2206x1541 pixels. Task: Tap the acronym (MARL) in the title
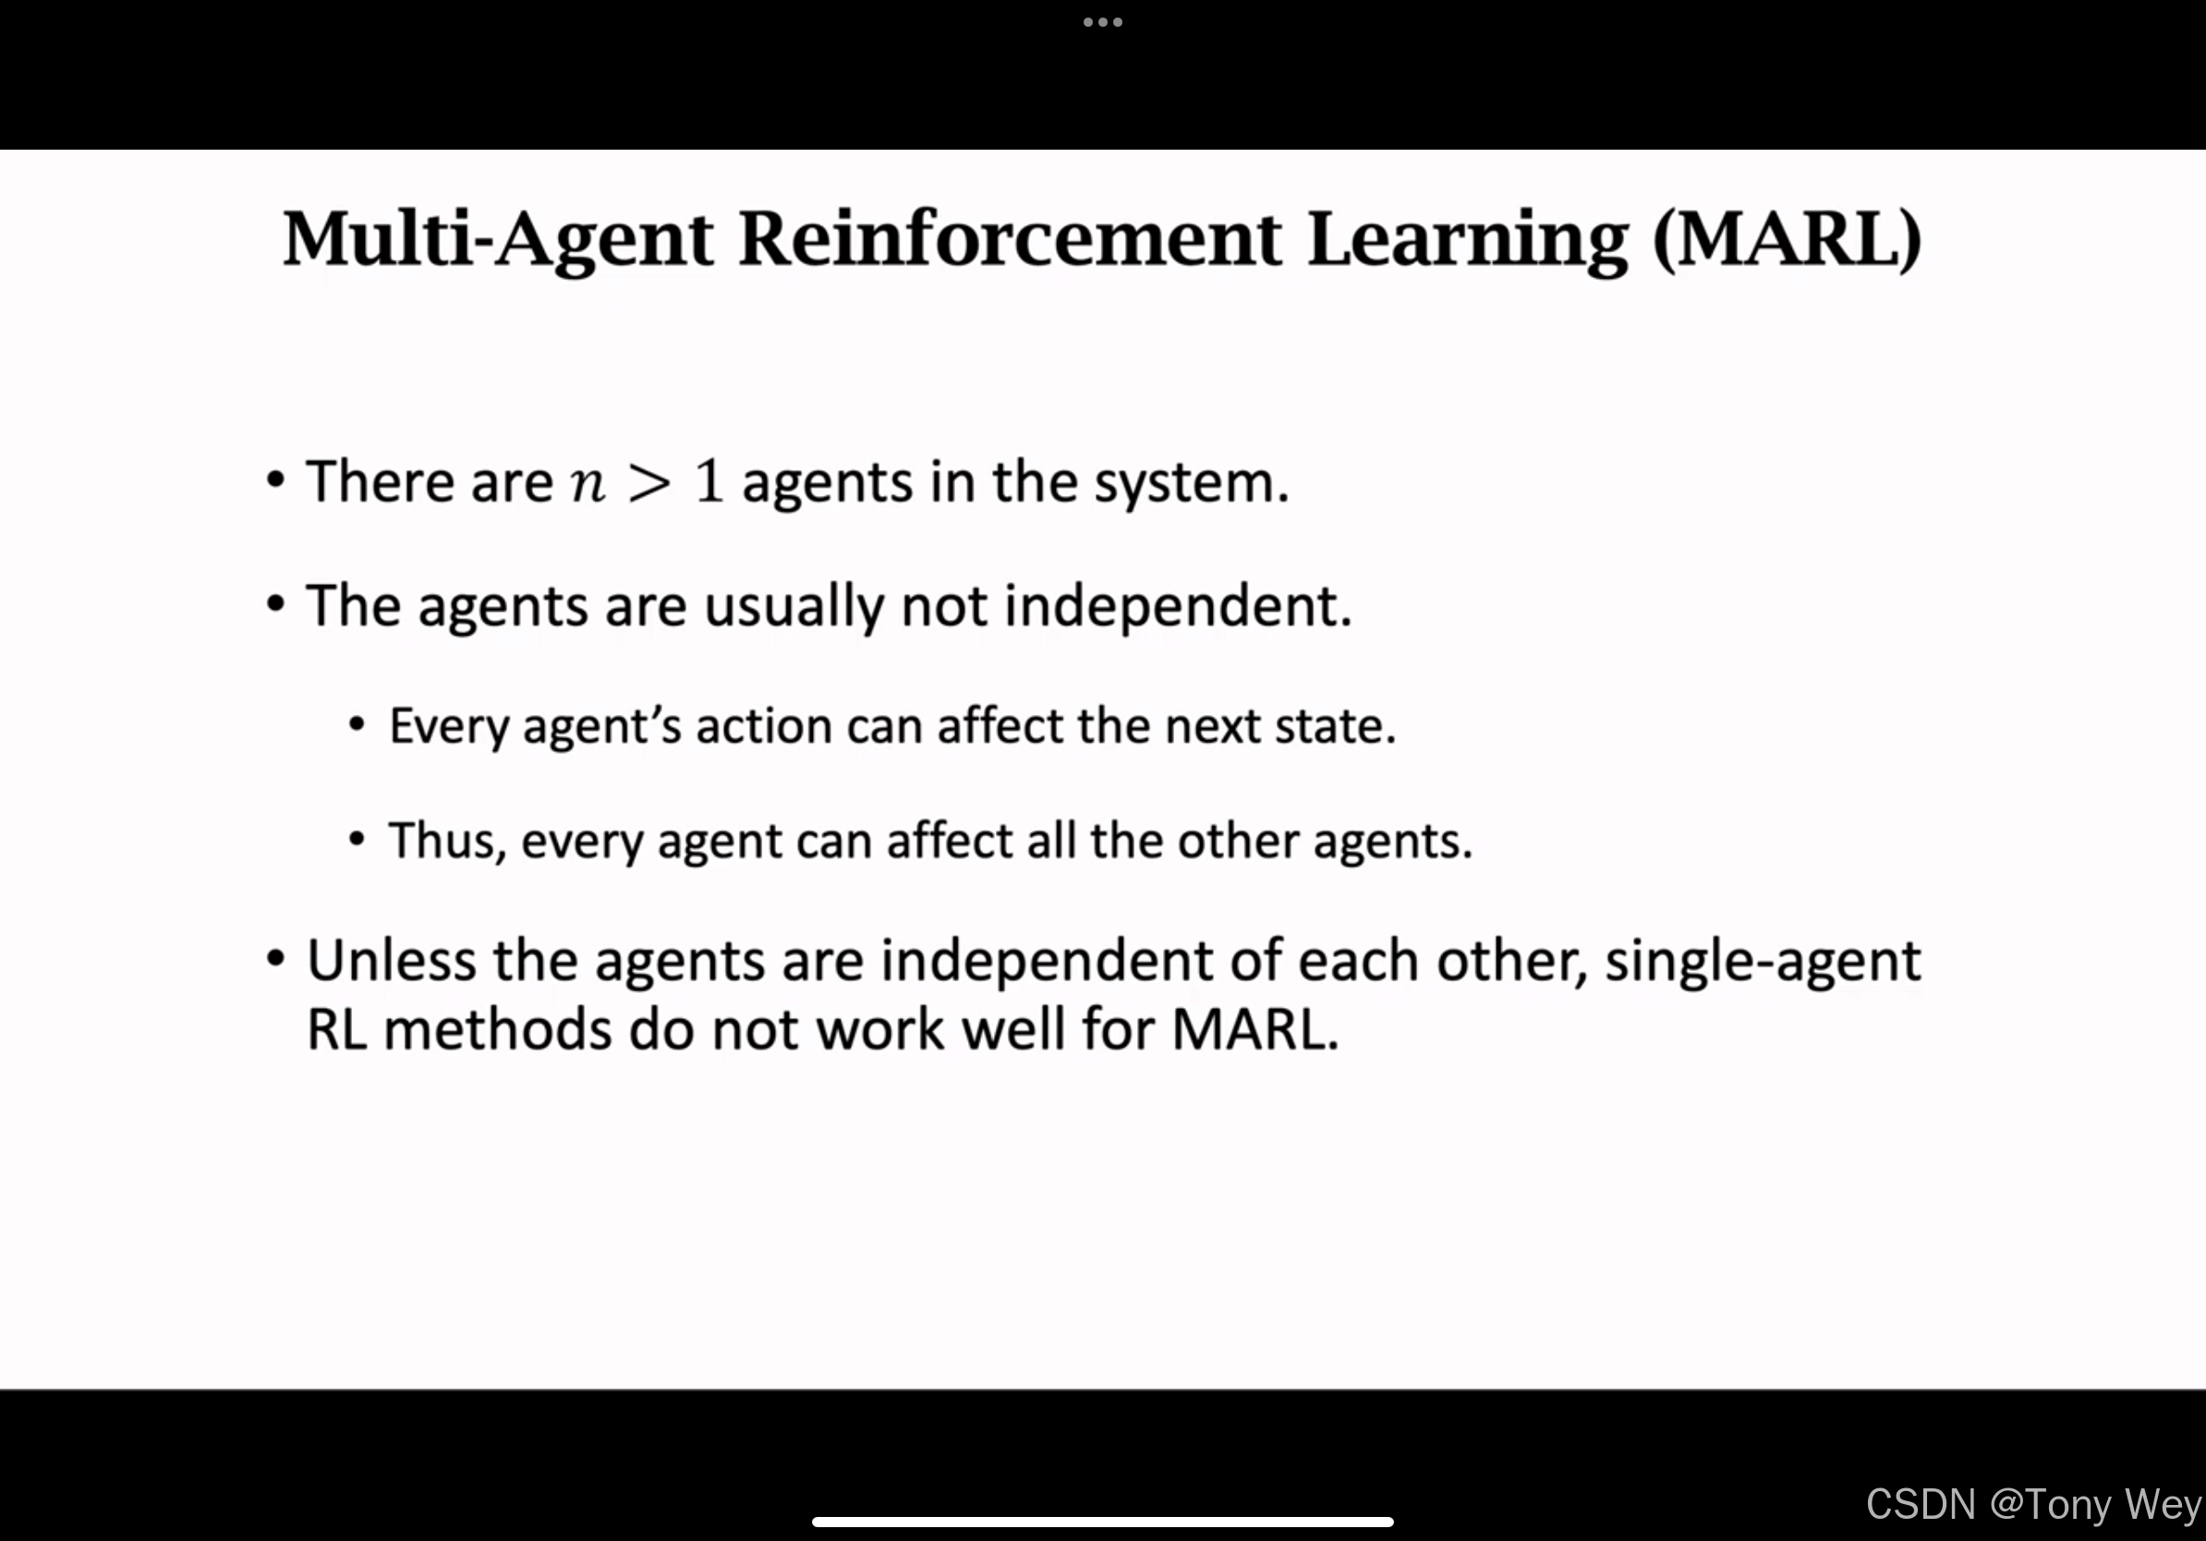pyautogui.click(x=1788, y=240)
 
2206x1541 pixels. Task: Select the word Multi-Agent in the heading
pyautogui.click(x=498, y=240)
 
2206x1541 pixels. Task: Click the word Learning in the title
pyautogui.click(x=1468, y=240)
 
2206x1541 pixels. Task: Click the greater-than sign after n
pyautogui.click(x=648, y=482)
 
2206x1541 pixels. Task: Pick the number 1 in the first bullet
pyautogui.click(x=709, y=480)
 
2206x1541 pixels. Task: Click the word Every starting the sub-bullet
pyautogui.click(x=449, y=727)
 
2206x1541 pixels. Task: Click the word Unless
pyautogui.click(x=391, y=961)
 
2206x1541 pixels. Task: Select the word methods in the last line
pyautogui.click(x=498, y=1030)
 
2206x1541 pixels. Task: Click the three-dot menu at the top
pyautogui.click(x=1102, y=22)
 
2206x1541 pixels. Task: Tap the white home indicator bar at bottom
pyautogui.click(x=1102, y=1522)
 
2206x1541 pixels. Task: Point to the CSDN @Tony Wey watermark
pyautogui.click(x=2034, y=1504)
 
